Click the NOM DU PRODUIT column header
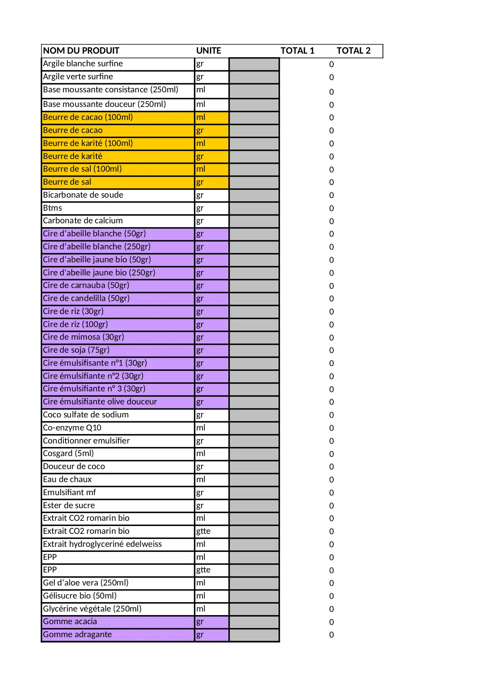(81, 50)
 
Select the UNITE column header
(208, 50)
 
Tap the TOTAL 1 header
(297, 50)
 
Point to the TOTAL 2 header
(353, 50)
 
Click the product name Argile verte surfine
(78, 77)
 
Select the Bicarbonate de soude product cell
(83, 195)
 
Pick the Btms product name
(53, 208)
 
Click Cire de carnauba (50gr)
(86, 285)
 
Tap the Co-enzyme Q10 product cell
(72, 428)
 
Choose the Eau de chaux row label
(67, 479)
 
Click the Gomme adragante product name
(77, 634)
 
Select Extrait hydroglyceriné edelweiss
(102, 544)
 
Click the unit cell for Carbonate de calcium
(212, 221)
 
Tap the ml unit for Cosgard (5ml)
(212, 454)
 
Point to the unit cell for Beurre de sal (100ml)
(212, 169)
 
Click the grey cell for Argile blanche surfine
(254, 64)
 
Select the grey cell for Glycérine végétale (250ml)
(254, 609)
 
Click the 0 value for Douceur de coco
(331, 467)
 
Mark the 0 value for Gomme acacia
(331, 622)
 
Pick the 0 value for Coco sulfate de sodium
(331, 415)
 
